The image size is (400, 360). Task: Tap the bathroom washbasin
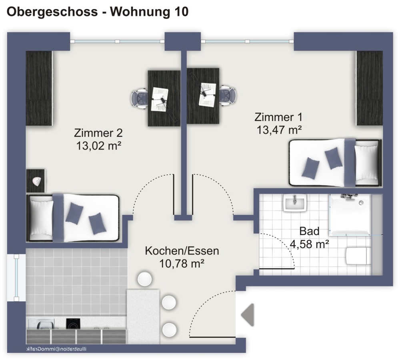click(295, 203)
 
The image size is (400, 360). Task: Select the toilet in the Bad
click(358, 256)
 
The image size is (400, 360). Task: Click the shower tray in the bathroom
click(350, 214)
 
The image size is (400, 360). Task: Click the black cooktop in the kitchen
click(74, 324)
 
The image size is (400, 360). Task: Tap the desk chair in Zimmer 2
click(139, 98)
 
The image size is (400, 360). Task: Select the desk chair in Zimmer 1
click(228, 95)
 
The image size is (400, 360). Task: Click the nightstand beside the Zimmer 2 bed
click(36, 181)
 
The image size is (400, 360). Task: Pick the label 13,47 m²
click(279, 130)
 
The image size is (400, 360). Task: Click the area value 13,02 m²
click(98, 146)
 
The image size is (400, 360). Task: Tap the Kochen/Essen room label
click(182, 251)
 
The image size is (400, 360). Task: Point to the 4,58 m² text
click(309, 244)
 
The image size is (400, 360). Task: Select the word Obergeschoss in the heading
click(52, 12)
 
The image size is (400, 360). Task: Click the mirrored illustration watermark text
click(56, 349)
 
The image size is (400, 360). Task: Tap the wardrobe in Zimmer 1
click(369, 88)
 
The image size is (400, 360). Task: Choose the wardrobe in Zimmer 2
click(39, 88)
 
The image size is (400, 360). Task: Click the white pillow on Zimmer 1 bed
click(366, 163)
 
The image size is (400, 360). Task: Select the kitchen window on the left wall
click(16, 278)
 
